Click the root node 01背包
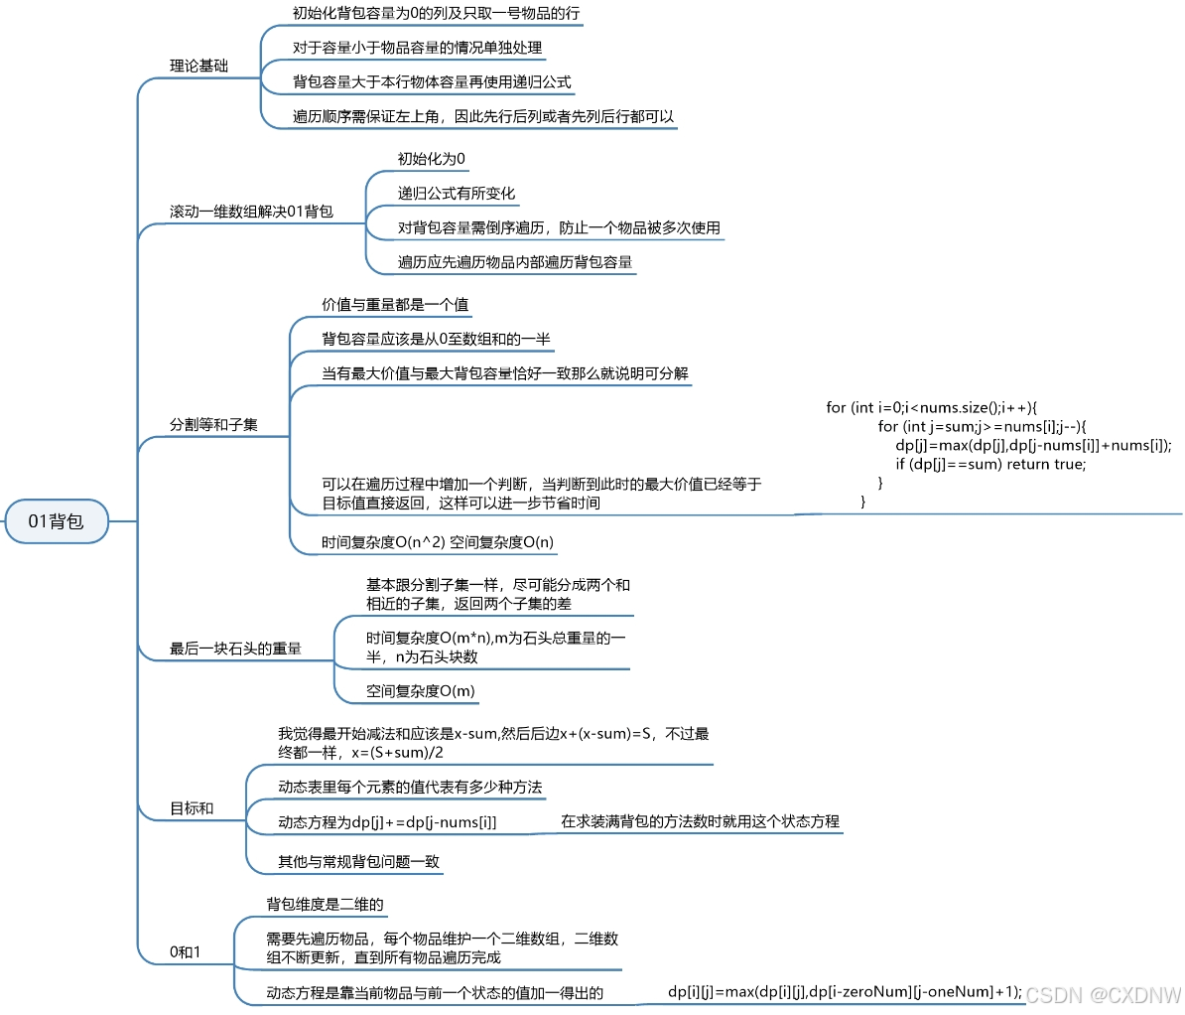click(56, 521)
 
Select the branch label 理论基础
click(198, 67)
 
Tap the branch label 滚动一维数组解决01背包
click(251, 212)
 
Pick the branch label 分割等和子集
click(213, 425)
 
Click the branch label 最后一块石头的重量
click(235, 650)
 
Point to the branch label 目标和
click(192, 809)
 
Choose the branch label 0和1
click(185, 952)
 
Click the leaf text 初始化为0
click(431, 159)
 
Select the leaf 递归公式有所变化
click(457, 194)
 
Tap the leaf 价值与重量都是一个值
click(395, 305)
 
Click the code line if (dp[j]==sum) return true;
click(990, 464)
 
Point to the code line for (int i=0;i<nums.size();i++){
click(931, 407)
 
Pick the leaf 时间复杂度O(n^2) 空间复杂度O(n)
click(438, 543)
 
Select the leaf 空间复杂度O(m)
click(420, 691)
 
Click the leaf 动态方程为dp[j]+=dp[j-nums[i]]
click(387, 822)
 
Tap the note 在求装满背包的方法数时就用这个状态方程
click(700, 821)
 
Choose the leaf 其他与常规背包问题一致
click(358, 862)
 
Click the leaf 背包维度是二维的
click(325, 905)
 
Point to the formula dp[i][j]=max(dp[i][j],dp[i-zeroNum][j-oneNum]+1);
click(845, 991)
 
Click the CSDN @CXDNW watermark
click(1104, 994)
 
